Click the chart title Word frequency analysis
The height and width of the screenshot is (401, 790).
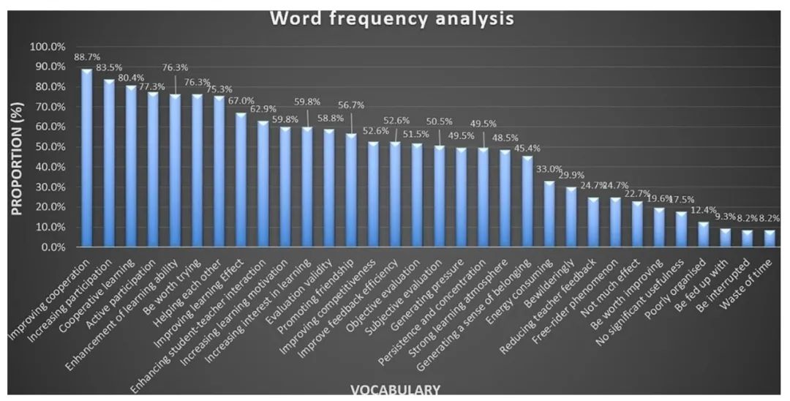pos(391,18)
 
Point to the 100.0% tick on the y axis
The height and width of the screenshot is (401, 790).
pos(46,47)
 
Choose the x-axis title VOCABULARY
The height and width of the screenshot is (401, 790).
pos(395,389)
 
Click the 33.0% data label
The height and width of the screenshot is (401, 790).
pos(549,169)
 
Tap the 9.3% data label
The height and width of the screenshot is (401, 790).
pos(725,217)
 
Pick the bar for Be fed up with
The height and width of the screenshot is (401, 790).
pos(725,238)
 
